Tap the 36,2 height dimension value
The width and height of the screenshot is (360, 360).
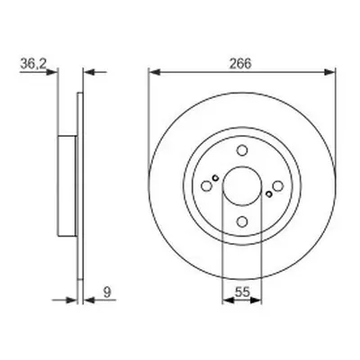[33, 64]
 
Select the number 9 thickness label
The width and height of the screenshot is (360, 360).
[107, 292]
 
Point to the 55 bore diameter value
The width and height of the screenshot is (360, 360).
[242, 292]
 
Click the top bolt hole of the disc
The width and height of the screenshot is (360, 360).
[242, 150]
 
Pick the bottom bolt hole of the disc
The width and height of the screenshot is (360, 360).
[242, 221]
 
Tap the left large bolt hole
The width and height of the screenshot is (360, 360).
[206, 186]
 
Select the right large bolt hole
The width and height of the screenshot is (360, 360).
[278, 186]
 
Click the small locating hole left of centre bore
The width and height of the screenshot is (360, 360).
[215, 178]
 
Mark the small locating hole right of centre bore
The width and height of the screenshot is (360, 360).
[269, 194]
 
